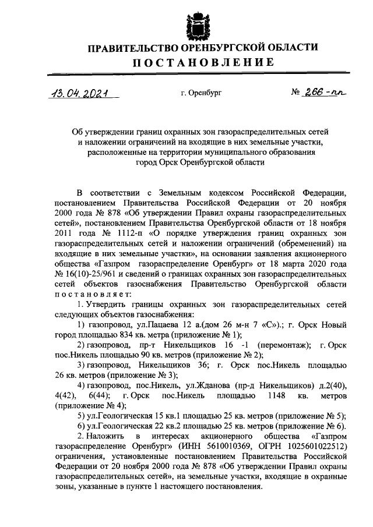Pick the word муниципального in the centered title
click(231, 152)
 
